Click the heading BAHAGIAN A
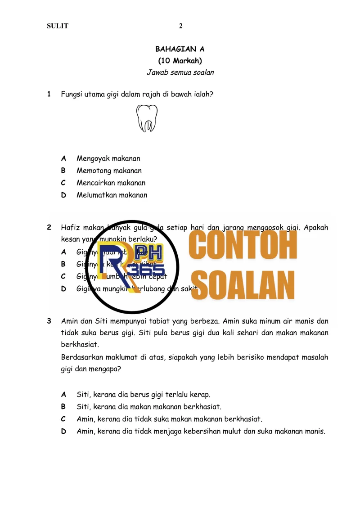[180, 49]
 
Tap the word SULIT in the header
[58, 26]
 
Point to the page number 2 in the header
[181, 26]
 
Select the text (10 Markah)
[180, 60]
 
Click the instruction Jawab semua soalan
[180, 72]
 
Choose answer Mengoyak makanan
[108, 158]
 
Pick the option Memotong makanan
[109, 171]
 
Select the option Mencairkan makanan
[111, 183]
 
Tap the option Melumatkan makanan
[112, 195]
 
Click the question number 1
[49, 94]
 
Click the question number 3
[49, 321]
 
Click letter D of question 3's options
[63, 431]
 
